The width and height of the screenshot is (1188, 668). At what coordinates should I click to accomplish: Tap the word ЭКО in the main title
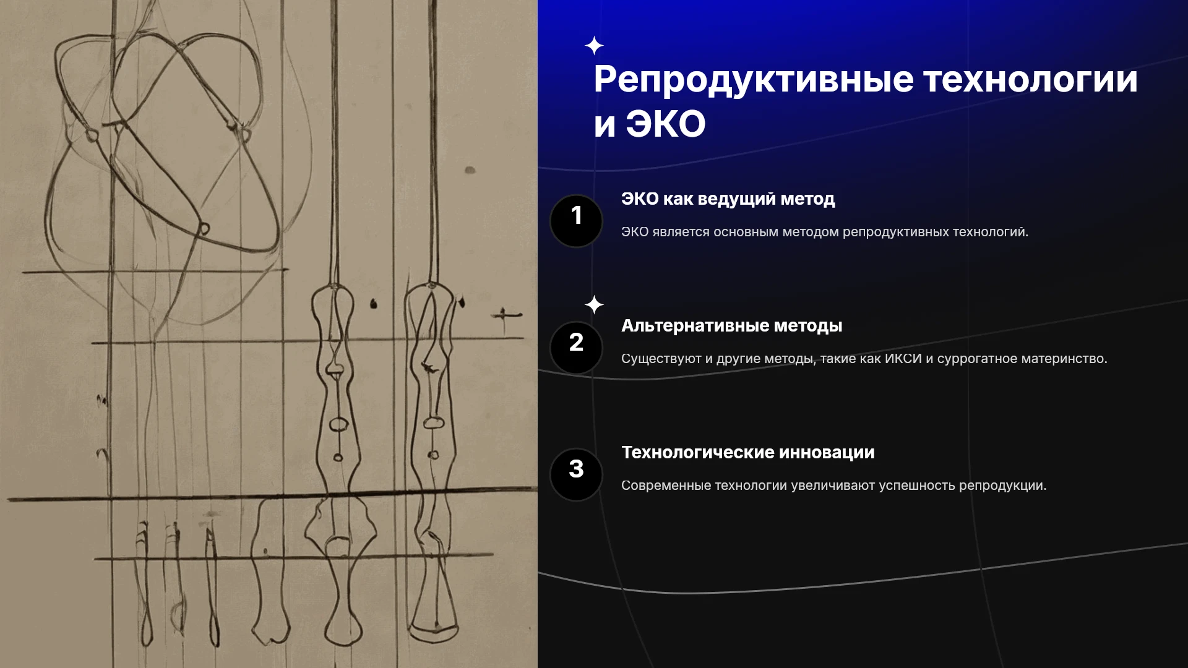[665, 124]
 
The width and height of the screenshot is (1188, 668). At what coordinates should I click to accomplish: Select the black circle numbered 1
[576, 221]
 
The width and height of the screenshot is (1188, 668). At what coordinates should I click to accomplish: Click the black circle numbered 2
[576, 348]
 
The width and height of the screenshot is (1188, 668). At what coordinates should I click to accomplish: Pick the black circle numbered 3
[576, 474]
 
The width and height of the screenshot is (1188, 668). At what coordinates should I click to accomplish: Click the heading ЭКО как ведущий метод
[728, 199]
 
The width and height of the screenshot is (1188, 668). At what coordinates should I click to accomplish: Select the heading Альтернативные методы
[731, 326]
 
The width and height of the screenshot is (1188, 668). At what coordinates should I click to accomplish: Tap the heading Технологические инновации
[747, 453]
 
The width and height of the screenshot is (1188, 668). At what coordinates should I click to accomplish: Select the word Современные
[666, 486]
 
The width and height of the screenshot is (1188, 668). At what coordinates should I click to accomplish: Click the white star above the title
[594, 46]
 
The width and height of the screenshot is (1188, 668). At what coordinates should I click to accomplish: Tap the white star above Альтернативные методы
[594, 304]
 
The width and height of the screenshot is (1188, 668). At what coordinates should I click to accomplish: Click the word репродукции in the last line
[1002, 486]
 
